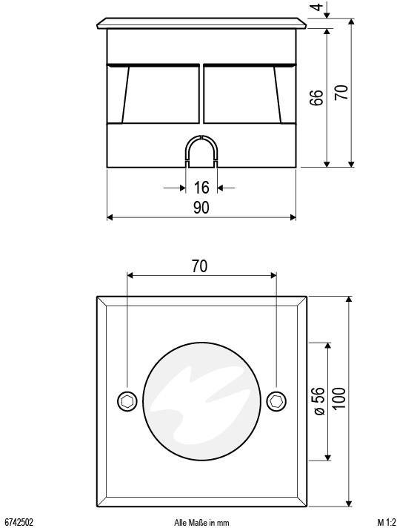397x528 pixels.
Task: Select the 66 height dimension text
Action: (x=316, y=98)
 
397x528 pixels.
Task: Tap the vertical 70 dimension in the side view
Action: (x=341, y=93)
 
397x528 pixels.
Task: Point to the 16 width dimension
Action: (x=201, y=188)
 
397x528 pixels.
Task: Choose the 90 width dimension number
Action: (x=201, y=208)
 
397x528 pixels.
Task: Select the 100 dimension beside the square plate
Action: (x=339, y=401)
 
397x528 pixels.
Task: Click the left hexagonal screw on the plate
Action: (x=127, y=401)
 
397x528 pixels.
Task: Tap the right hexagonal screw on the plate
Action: (x=276, y=401)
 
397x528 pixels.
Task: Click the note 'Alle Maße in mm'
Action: (x=201, y=522)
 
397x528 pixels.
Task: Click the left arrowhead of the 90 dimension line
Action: (x=111, y=217)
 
